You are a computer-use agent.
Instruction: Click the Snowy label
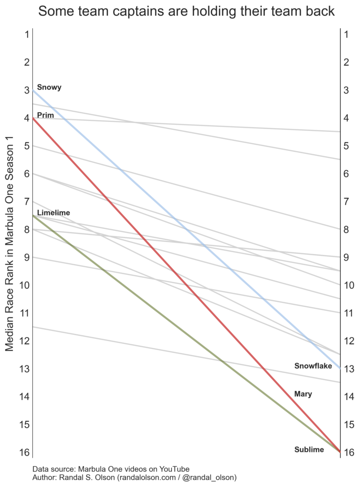pyautogui.click(x=49, y=88)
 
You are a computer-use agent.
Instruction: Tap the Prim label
pyautogui.click(x=45, y=115)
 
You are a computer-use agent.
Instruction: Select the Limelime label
pyautogui.click(x=53, y=213)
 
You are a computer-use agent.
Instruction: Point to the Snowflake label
pyautogui.click(x=313, y=366)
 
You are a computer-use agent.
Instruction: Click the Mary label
pyautogui.click(x=303, y=394)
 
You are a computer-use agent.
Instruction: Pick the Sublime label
pyautogui.click(x=309, y=449)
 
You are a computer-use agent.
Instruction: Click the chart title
pyautogui.click(x=186, y=11)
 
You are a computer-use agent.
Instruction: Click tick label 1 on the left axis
pyautogui.click(x=28, y=34)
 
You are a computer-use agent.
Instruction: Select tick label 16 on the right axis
pyautogui.click(x=348, y=452)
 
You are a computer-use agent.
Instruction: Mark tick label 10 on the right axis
pyautogui.click(x=348, y=285)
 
